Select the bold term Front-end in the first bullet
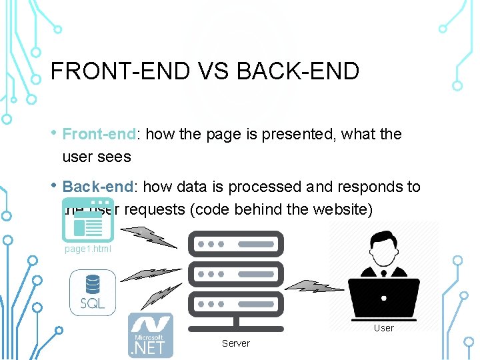coord(99,134)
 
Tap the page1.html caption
coord(88,249)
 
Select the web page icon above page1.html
coord(87,219)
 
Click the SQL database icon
coord(93,294)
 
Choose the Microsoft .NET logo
coord(151,335)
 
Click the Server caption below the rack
coord(236,343)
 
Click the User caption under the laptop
coord(383,328)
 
